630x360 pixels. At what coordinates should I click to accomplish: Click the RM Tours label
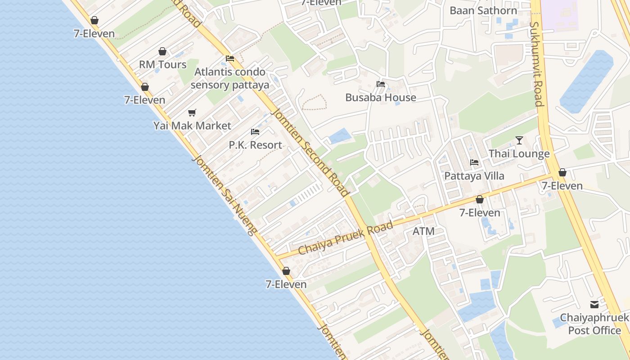162,64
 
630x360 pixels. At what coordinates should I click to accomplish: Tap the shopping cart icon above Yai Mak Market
192,112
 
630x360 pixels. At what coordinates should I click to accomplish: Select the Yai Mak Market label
192,126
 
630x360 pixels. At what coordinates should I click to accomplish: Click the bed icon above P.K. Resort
255,132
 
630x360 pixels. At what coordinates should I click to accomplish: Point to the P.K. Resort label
255,145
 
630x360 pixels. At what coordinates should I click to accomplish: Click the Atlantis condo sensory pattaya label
229,78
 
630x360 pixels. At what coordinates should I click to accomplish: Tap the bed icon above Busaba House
381,84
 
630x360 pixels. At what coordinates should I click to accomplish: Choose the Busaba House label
381,97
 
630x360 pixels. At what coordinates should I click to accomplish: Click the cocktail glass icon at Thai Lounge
519,140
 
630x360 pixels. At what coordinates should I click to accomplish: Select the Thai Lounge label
519,153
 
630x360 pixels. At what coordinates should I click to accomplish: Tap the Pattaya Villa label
474,175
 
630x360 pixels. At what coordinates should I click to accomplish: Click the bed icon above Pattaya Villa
474,162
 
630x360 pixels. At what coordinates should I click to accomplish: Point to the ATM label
423,231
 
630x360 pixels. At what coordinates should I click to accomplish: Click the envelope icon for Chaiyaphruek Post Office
594,305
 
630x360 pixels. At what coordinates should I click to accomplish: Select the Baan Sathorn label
483,10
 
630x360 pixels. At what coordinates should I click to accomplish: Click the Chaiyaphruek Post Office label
594,324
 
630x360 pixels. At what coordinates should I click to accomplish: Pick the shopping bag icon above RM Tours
162,51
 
